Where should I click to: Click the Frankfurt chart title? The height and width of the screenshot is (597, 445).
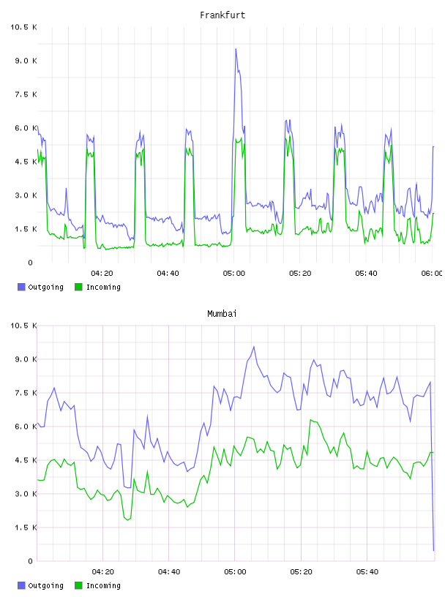[222, 15]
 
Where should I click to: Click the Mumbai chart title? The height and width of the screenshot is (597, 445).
[222, 314]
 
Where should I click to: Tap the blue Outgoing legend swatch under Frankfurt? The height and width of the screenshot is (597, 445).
[21, 287]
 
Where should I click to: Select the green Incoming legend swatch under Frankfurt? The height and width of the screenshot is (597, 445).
[78, 287]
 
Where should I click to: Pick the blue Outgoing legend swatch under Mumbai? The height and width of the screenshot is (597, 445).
[21, 585]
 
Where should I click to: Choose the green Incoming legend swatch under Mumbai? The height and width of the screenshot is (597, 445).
[78, 585]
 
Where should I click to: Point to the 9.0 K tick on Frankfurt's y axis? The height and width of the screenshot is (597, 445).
[26, 61]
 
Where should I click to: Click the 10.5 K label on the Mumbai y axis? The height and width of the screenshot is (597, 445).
[23, 326]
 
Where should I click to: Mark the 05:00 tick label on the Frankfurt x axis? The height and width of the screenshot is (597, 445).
[234, 274]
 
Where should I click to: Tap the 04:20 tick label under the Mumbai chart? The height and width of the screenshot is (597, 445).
[103, 572]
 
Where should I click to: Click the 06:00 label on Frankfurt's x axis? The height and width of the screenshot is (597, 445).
[432, 274]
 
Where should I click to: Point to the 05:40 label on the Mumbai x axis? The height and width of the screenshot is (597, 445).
[367, 572]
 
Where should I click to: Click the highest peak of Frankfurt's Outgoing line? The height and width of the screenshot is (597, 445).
[236, 49]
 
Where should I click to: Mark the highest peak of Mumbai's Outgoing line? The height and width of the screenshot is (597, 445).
[254, 347]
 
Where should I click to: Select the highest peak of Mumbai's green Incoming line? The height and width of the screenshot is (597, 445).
[310, 419]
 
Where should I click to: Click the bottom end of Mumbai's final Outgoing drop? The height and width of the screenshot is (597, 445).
[433, 550]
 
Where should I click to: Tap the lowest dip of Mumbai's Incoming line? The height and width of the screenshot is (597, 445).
[127, 520]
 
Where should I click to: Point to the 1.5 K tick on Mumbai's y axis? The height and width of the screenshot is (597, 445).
[26, 527]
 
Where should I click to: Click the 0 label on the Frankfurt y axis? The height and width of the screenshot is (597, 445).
[31, 263]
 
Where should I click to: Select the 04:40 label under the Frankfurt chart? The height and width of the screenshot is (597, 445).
[168, 274]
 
